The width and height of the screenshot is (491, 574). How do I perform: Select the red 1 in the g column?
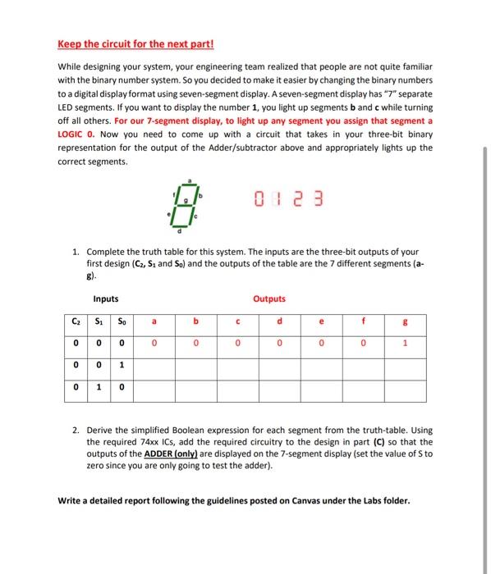click(x=404, y=345)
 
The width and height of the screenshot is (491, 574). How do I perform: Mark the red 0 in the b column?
click(x=195, y=345)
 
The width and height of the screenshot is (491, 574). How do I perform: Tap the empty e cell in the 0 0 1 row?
click(x=321, y=367)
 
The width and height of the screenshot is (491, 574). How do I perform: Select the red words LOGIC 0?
click(x=76, y=132)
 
